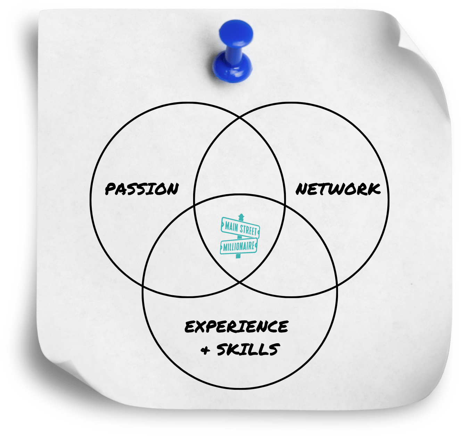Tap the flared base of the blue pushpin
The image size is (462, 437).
(x=232, y=67)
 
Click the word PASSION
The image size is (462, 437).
(x=142, y=189)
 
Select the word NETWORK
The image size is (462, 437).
(x=338, y=189)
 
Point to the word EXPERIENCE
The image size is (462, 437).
(x=236, y=327)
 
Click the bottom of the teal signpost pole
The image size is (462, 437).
(x=238, y=256)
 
